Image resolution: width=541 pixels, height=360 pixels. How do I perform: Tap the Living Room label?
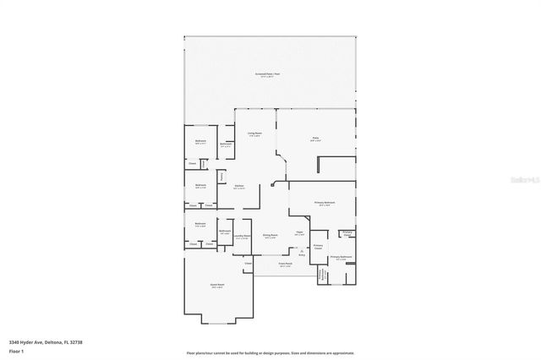(x=254, y=134)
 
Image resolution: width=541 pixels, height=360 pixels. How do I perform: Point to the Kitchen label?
(x=239, y=186)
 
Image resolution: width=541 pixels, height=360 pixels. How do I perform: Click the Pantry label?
(x=221, y=176)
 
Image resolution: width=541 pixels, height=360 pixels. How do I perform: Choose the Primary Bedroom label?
(x=325, y=203)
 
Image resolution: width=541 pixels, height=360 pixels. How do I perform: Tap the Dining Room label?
(x=271, y=236)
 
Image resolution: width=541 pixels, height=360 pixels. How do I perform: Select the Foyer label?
(x=299, y=234)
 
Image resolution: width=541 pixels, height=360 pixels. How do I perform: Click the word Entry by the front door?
(x=302, y=254)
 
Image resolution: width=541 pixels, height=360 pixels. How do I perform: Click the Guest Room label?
(x=217, y=285)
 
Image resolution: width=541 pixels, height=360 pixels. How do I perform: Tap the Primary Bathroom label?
(x=341, y=257)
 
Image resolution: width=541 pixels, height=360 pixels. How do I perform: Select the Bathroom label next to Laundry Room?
(x=225, y=232)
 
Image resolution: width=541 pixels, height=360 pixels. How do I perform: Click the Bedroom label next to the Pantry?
(x=200, y=186)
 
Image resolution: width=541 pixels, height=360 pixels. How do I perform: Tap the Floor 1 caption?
(x=15, y=351)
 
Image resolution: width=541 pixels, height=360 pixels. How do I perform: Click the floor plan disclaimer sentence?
(x=270, y=352)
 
